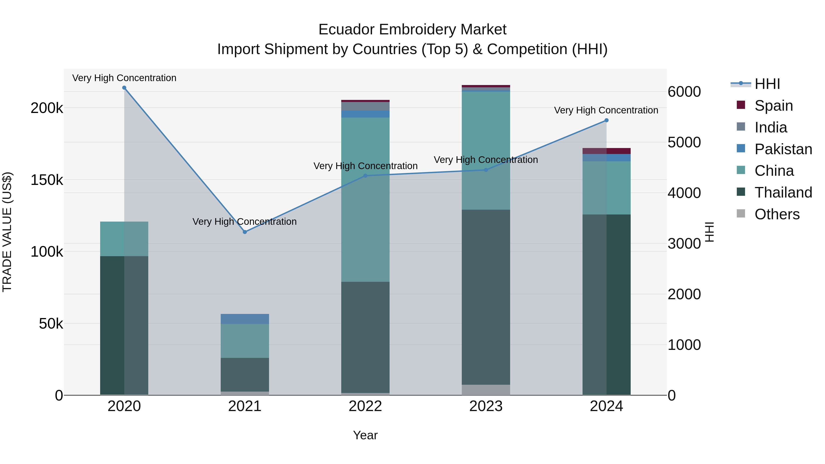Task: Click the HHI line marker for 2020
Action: click(x=124, y=88)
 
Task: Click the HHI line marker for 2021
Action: click(x=245, y=232)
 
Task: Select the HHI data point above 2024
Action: click(x=606, y=120)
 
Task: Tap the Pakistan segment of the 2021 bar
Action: click(x=245, y=319)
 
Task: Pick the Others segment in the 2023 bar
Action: click(x=486, y=390)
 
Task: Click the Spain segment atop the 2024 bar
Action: click(x=606, y=151)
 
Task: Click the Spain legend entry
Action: click(x=773, y=106)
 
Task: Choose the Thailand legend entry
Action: click(x=783, y=192)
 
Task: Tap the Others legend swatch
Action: click(x=741, y=214)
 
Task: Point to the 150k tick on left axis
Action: click(x=47, y=180)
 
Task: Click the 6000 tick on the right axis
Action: click(x=684, y=92)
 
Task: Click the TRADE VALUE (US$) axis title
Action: click(x=7, y=232)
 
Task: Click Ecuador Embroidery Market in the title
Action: click(x=412, y=30)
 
